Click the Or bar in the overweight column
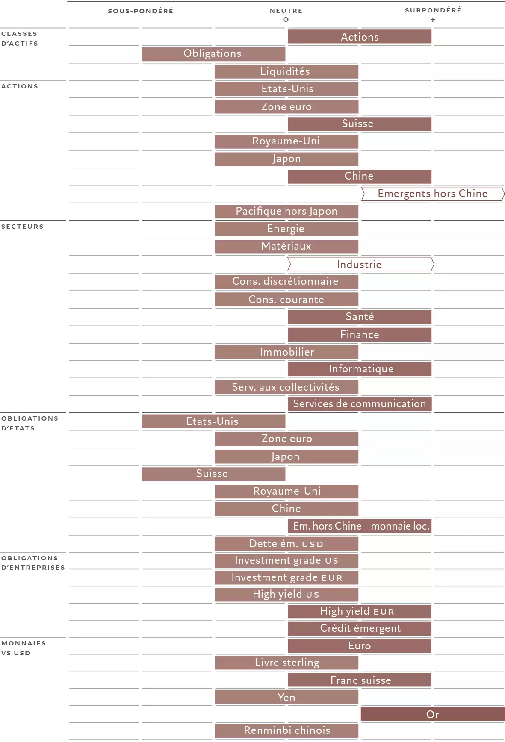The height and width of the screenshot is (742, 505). pos(432,714)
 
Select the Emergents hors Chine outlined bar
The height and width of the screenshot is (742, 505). pos(433,194)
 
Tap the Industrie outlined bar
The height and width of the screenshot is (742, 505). pos(360,264)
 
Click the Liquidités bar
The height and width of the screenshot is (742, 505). pos(286,71)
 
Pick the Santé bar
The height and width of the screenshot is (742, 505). pos(360,317)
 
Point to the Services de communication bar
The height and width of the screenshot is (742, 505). pos(360,404)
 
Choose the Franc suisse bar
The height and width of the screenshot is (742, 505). pos(360,680)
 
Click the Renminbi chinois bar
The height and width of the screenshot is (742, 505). pos(286,730)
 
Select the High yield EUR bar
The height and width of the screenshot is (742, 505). pos(360,611)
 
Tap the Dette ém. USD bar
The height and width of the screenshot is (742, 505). pos(286,544)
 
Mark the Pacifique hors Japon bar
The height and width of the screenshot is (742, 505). pos(286,211)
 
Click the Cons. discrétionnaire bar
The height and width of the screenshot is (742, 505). pos(286,281)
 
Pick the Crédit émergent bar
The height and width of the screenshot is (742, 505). pos(360,628)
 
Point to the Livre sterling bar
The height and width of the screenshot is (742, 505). pos(286,662)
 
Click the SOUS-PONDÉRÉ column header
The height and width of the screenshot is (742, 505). pos(140,11)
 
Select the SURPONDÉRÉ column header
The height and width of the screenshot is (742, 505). pos(433,10)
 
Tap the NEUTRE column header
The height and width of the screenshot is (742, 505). pos(286,11)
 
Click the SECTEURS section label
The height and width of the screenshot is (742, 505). pos(22,227)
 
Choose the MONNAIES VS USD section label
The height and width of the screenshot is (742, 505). pos(23,648)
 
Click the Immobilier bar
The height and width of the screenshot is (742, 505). pos(286,352)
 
